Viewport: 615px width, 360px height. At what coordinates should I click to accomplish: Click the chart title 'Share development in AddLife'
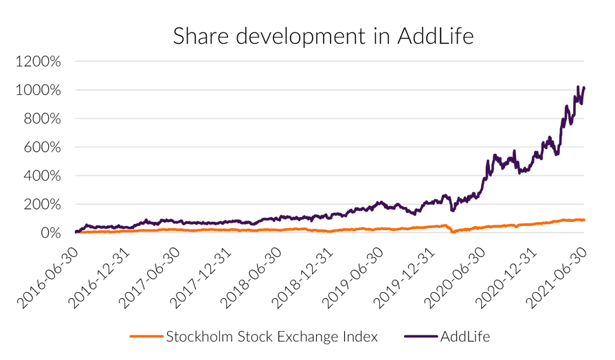click(323, 35)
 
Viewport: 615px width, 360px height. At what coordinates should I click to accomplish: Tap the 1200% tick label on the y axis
click(38, 62)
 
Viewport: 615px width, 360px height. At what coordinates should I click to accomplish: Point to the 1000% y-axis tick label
click(38, 90)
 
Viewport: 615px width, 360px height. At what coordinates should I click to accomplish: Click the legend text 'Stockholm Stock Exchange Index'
click(271, 336)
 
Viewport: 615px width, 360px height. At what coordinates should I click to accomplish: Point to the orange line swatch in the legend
click(146, 337)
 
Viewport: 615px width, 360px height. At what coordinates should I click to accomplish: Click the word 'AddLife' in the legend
click(465, 336)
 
